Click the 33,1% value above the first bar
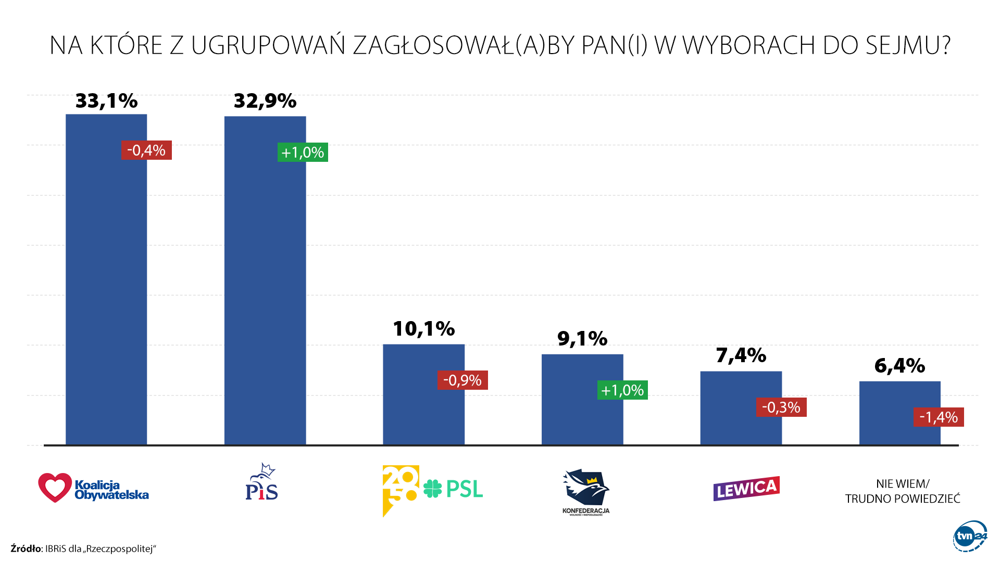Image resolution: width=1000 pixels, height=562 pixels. (x=106, y=101)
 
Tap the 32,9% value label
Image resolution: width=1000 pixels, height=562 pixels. (x=265, y=101)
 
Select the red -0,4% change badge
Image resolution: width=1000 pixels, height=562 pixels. (x=146, y=150)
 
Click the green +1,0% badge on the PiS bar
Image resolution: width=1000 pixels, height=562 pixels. (x=303, y=152)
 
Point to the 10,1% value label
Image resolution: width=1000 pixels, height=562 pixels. (x=423, y=329)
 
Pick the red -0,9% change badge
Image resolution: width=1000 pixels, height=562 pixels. (x=462, y=380)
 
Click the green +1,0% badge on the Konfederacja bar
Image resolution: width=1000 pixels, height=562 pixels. (x=622, y=390)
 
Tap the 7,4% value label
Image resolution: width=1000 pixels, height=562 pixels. (x=741, y=355)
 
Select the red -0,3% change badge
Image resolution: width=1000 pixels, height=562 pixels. (x=781, y=407)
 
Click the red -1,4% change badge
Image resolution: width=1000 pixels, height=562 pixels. (x=938, y=417)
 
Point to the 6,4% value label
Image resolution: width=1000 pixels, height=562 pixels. (x=899, y=366)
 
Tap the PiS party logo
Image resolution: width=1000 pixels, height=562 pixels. (x=261, y=482)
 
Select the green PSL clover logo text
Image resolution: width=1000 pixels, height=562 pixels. (x=454, y=489)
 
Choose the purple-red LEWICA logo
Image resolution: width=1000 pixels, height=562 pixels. (x=746, y=489)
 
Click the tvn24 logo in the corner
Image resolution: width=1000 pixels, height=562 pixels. (x=970, y=536)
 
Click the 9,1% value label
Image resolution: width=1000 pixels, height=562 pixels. (x=582, y=339)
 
